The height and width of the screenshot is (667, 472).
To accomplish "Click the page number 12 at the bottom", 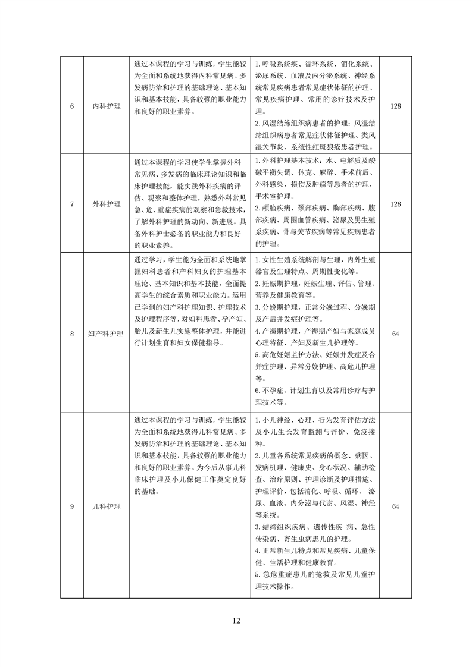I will tap(236, 621).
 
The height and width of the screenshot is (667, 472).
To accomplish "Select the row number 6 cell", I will tap(72, 106).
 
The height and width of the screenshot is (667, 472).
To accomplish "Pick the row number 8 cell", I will tap(72, 334).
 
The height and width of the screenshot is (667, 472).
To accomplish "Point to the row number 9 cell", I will tap(72, 506).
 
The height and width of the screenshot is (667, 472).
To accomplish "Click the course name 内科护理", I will tap(107, 106).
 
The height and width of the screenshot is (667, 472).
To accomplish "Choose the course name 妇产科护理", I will tap(107, 334).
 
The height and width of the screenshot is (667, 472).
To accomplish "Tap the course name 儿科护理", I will tap(107, 506).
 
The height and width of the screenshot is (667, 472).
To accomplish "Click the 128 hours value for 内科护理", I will tap(395, 106).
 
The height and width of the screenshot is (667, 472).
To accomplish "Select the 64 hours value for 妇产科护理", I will tap(395, 334).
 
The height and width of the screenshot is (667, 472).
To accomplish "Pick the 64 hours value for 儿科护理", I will tap(395, 506).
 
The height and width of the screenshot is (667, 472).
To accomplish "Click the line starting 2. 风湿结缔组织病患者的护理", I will tap(314, 123).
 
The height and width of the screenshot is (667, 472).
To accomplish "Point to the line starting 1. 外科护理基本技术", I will tap(314, 161).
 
